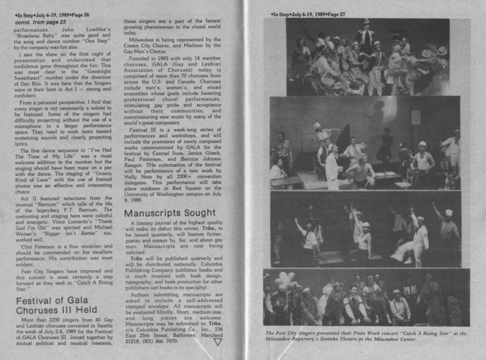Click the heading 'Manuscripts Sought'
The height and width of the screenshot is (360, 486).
[x=170, y=213]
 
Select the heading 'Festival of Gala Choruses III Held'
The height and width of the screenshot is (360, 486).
[x=56, y=305]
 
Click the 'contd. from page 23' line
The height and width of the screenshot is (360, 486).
[x=40, y=22]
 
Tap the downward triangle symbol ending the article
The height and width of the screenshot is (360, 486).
[x=218, y=342]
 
